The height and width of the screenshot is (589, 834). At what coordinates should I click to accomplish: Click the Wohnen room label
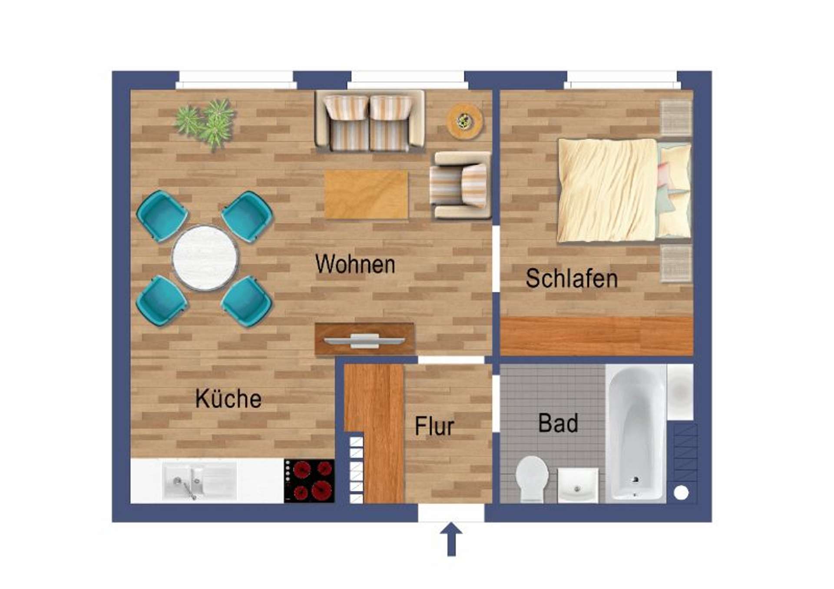355,264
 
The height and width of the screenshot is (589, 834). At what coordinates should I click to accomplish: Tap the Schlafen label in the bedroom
572,278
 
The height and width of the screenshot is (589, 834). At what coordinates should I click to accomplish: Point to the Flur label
434,426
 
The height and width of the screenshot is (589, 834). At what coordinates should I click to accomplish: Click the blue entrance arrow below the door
451,539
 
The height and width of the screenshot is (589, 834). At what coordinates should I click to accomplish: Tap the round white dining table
205,258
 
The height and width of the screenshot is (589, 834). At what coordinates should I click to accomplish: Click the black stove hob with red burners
309,481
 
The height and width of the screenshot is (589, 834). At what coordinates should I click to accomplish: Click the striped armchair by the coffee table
460,185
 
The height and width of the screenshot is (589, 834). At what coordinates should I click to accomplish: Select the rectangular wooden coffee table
366,195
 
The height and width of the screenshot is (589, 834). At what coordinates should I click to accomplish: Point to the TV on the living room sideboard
365,341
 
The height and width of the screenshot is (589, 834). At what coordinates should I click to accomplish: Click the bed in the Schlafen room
624,190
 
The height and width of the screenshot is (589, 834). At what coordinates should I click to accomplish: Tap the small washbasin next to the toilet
577,485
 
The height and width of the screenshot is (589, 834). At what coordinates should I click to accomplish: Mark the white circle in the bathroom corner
681,493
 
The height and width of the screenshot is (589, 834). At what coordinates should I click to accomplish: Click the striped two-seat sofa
370,121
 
